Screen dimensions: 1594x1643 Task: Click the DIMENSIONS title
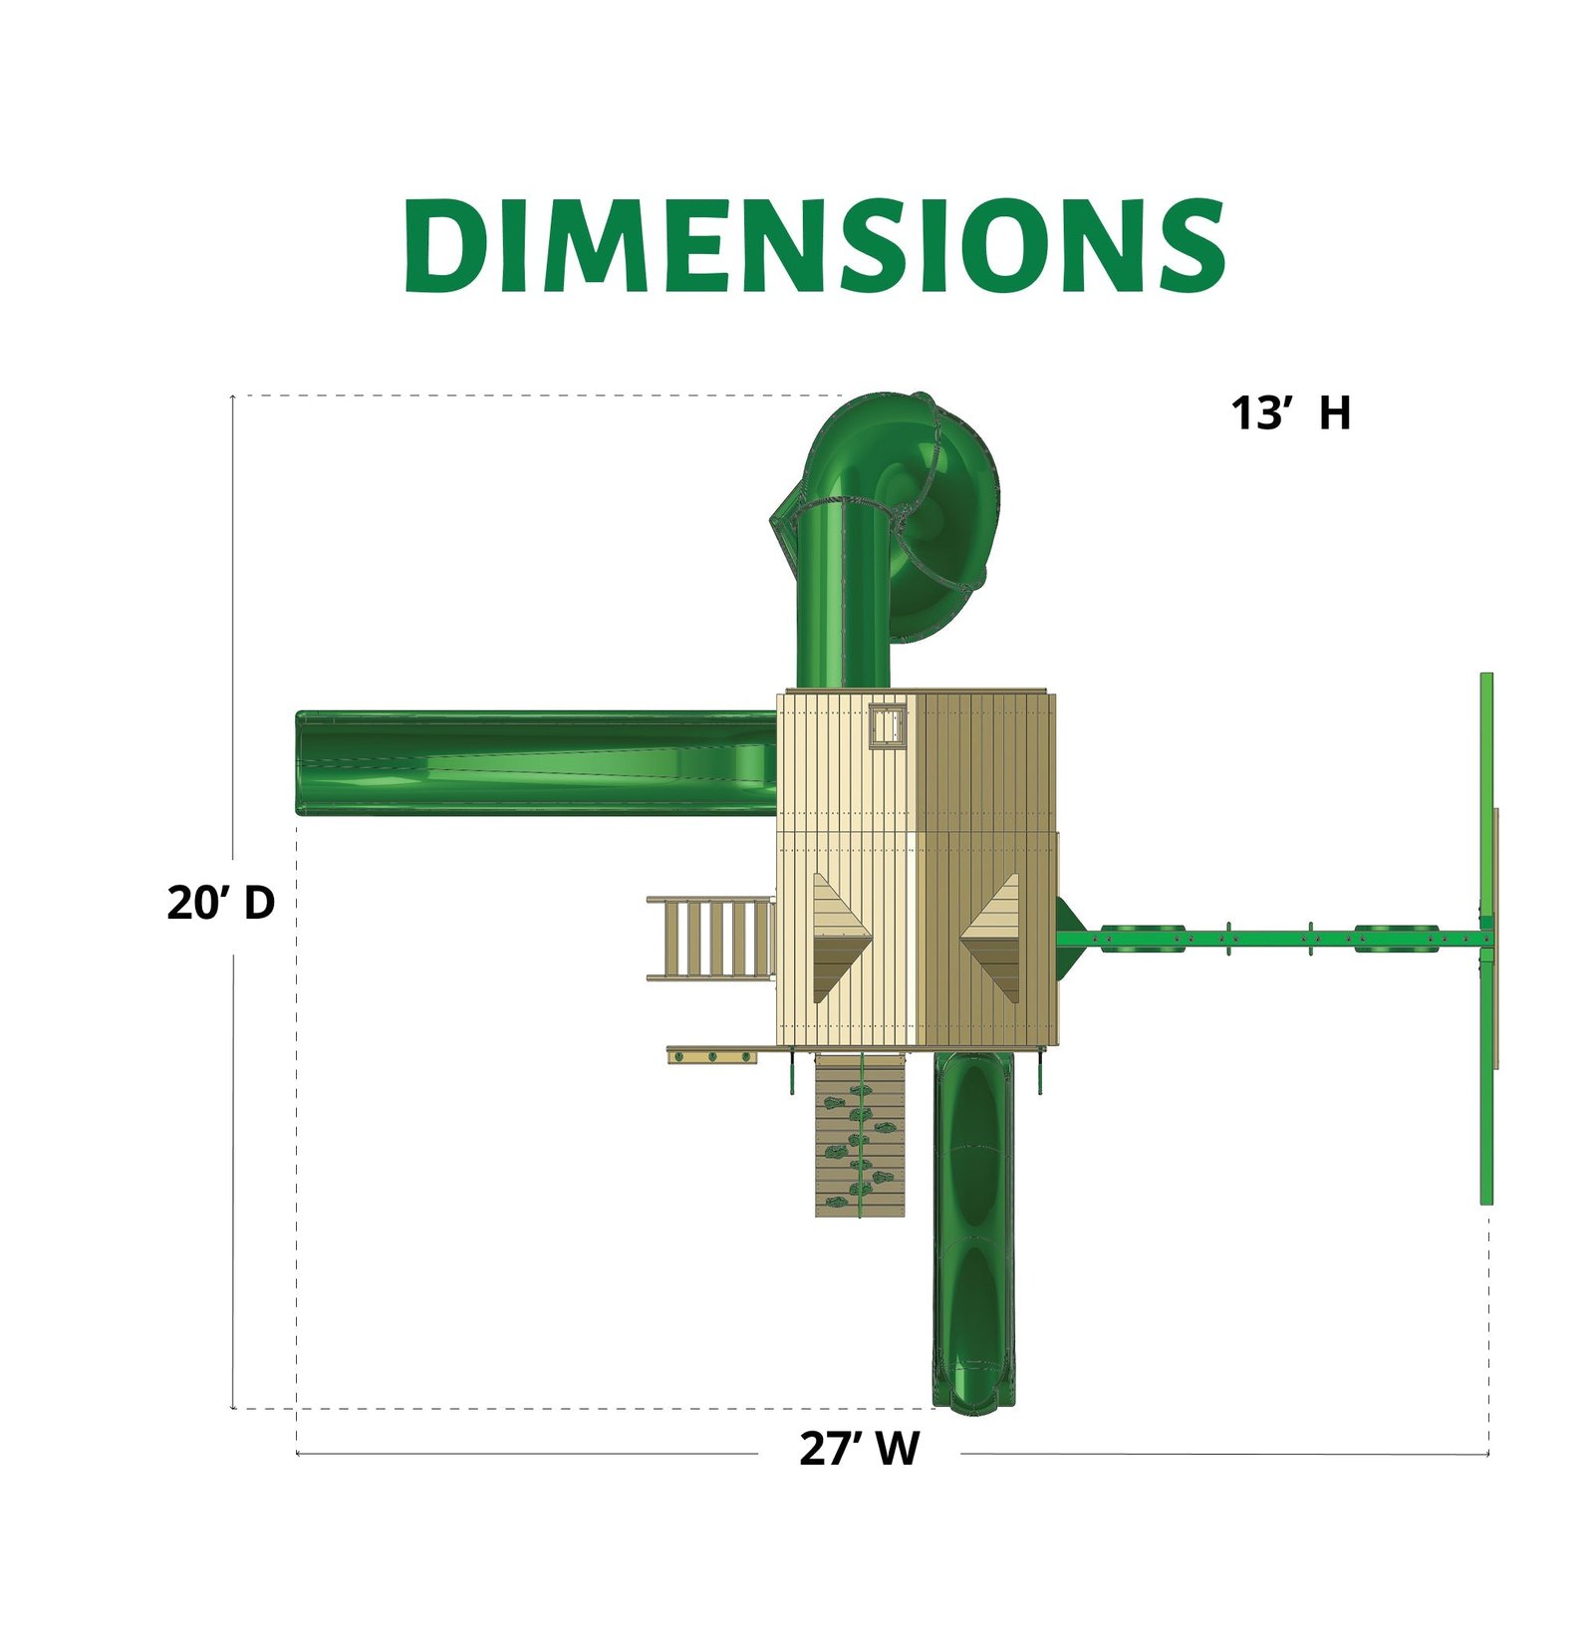(814, 245)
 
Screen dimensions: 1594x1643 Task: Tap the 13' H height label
(1291, 413)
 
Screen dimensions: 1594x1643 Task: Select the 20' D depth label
(220, 903)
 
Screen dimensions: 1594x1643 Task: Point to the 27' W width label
(859, 1449)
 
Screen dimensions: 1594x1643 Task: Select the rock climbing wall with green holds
(860, 1135)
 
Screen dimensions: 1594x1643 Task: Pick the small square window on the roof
(888, 724)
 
